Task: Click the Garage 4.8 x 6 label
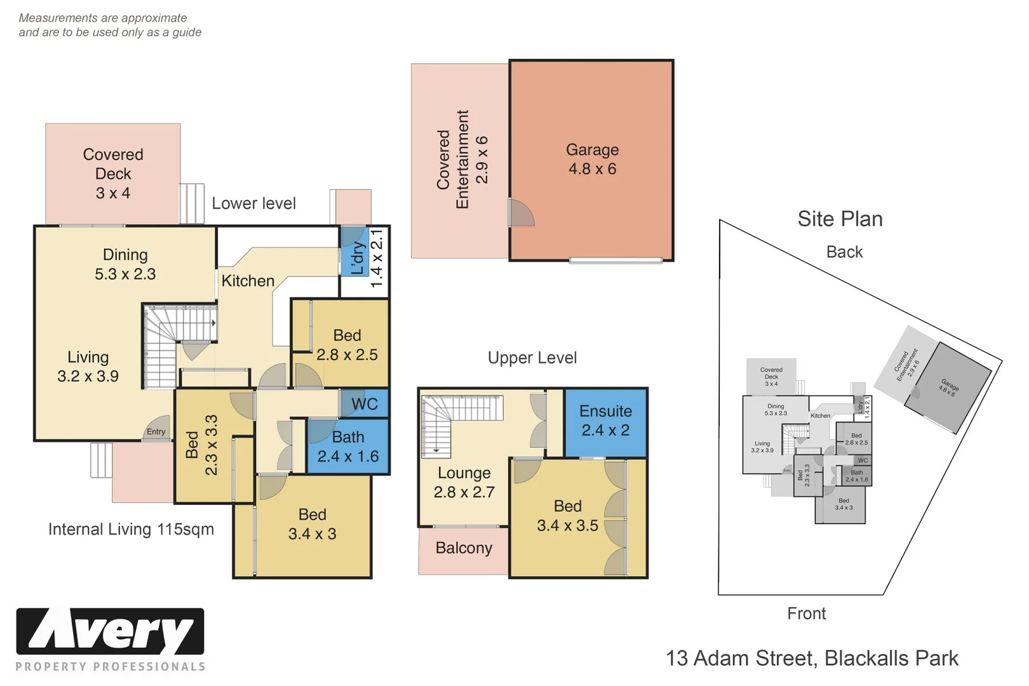tap(592, 159)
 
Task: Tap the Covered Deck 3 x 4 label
tap(113, 173)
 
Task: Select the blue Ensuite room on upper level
tap(605, 421)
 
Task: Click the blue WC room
tap(365, 404)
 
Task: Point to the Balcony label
tap(464, 548)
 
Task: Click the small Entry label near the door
tap(156, 432)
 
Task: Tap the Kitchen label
tap(248, 281)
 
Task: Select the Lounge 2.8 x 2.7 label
tap(464, 482)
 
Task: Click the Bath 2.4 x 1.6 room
tap(348, 447)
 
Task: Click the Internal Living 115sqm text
tap(131, 529)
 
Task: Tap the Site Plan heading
tap(840, 219)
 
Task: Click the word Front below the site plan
tap(806, 614)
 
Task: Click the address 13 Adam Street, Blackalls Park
tap(812, 659)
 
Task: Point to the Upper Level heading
tap(532, 358)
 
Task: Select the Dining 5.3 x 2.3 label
tap(125, 264)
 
